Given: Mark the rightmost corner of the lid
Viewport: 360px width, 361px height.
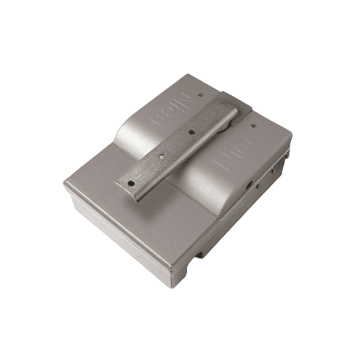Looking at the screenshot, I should [292, 135].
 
